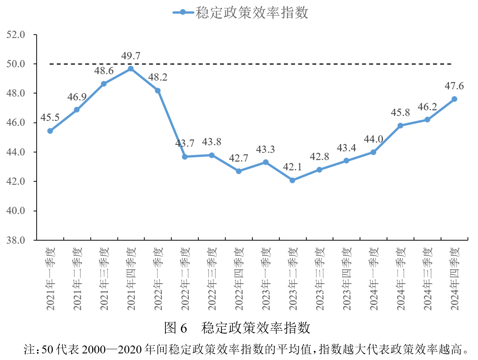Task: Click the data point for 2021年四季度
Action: click(131, 69)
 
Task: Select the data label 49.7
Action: click(131, 56)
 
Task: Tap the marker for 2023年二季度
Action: click(293, 180)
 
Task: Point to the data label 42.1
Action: click(293, 167)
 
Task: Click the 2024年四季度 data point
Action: click(454, 99)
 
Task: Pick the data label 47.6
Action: click(454, 86)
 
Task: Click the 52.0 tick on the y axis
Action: click(16, 35)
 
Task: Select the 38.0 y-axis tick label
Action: click(16, 240)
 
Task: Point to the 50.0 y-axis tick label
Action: click(16, 64)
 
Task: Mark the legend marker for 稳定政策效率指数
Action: click(183, 13)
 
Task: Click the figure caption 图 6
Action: click(176, 328)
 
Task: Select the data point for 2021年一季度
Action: click(50, 131)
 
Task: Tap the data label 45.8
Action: click(400, 113)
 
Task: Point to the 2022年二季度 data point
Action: click(185, 157)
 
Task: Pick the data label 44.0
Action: click(373, 139)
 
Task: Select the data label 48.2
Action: click(158, 77)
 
